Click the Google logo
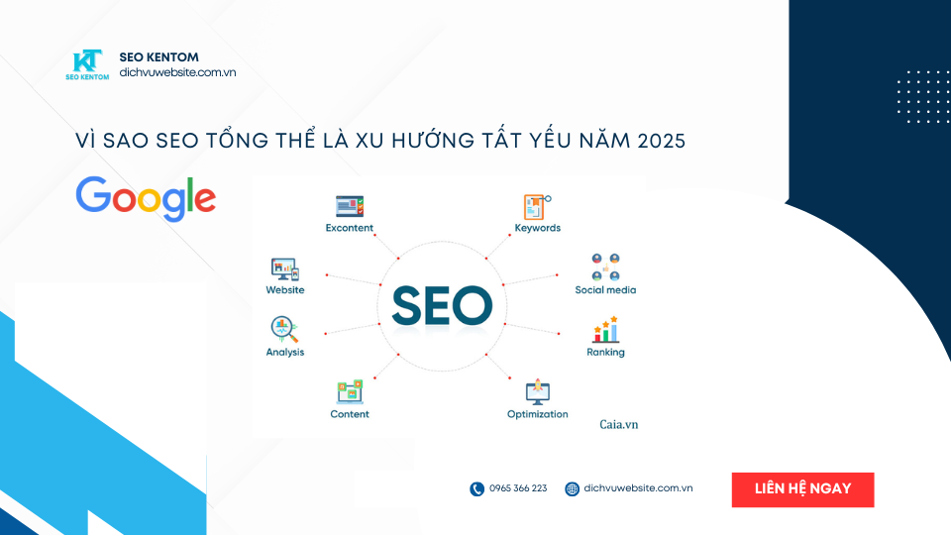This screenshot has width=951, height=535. click(x=146, y=197)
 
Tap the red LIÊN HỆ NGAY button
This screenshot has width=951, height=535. click(x=802, y=489)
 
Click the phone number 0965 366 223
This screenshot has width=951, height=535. click(x=518, y=488)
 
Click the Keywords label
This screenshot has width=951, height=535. click(x=537, y=228)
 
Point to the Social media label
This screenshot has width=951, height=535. click(x=605, y=290)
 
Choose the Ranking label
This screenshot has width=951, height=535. click(x=605, y=352)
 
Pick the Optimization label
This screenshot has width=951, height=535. click(x=537, y=414)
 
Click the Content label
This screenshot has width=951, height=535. click(x=350, y=414)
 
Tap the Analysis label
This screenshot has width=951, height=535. click(x=285, y=352)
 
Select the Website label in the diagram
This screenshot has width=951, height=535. click(x=285, y=290)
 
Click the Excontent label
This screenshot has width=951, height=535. click(x=350, y=228)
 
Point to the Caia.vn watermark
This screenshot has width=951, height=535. click(x=619, y=424)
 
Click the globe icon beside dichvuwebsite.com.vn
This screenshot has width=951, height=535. click(x=572, y=488)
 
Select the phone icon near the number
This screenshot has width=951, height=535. click(x=476, y=488)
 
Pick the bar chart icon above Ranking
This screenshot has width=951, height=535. click(x=605, y=329)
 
